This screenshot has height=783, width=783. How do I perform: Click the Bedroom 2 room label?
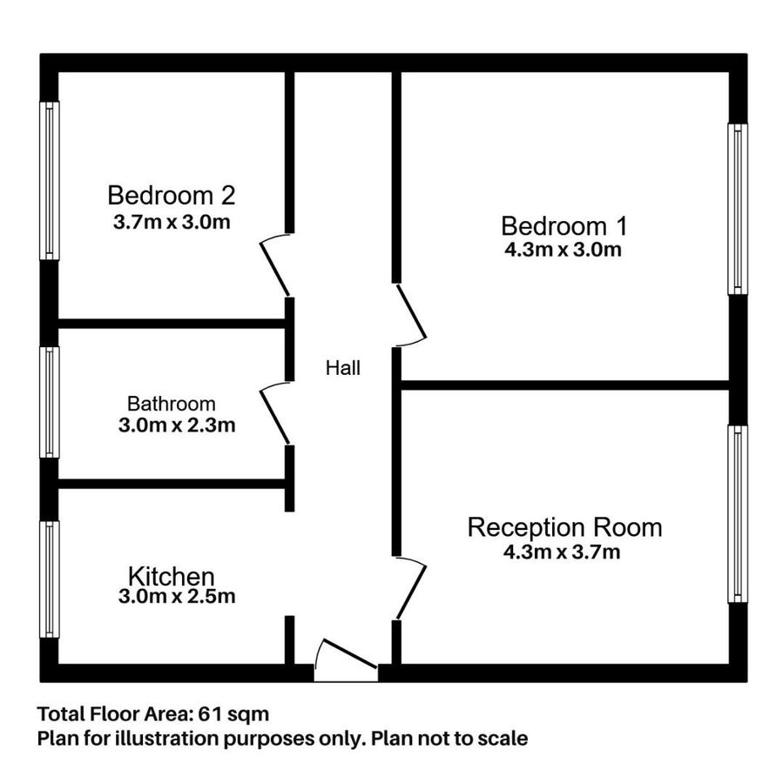tap(172, 194)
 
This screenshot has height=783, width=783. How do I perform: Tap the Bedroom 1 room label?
tap(564, 226)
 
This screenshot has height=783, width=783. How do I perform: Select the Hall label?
tap(342, 368)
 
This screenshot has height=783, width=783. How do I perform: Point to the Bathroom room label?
tap(171, 404)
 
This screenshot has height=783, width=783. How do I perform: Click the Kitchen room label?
tap(172, 576)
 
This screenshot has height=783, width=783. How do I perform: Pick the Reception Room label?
tap(564, 527)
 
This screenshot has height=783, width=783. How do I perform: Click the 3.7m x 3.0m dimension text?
tap(172, 222)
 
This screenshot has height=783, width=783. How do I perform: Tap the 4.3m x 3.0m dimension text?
tap(564, 251)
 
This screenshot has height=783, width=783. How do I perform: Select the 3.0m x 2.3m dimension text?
tap(177, 426)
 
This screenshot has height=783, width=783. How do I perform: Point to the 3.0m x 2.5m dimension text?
tap(177, 597)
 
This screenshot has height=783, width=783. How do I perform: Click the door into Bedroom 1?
tap(411, 314)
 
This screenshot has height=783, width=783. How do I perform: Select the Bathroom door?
tap(275, 413)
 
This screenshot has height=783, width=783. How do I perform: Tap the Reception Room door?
tap(410, 588)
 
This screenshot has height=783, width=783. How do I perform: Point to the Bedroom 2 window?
tap(51, 180)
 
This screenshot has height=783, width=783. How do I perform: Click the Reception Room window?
tap(737, 513)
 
